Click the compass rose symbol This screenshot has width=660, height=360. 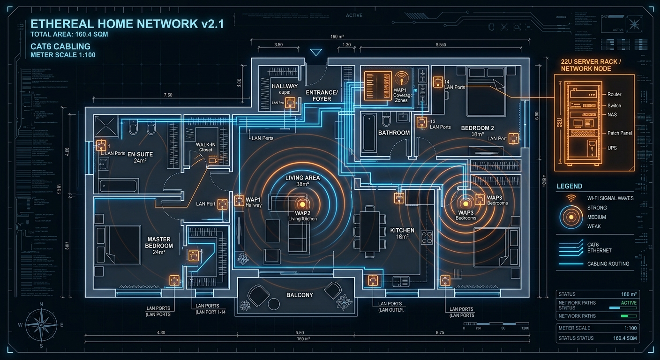click(41, 325)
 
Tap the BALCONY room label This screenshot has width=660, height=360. click(300, 295)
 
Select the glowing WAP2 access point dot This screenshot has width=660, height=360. click(302, 204)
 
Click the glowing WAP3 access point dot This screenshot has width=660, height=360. click(465, 204)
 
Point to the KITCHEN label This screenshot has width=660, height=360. click(402, 230)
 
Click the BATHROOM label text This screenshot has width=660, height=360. click(394, 133)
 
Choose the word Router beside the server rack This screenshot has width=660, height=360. click(614, 94)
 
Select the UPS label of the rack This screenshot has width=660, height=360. click(612, 148)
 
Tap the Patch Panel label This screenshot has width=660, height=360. click(620, 133)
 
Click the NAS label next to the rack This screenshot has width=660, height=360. click(612, 115)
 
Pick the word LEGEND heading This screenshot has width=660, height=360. click(569, 186)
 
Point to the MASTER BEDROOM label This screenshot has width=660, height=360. click(159, 242)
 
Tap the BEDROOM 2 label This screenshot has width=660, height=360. click(478, 128)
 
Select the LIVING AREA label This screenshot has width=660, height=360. click(302, 178)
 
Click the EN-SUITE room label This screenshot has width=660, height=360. click(140, 154)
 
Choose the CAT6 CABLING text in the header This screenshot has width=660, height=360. click(60, 46)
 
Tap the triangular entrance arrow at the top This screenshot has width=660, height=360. click(316, 52)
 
